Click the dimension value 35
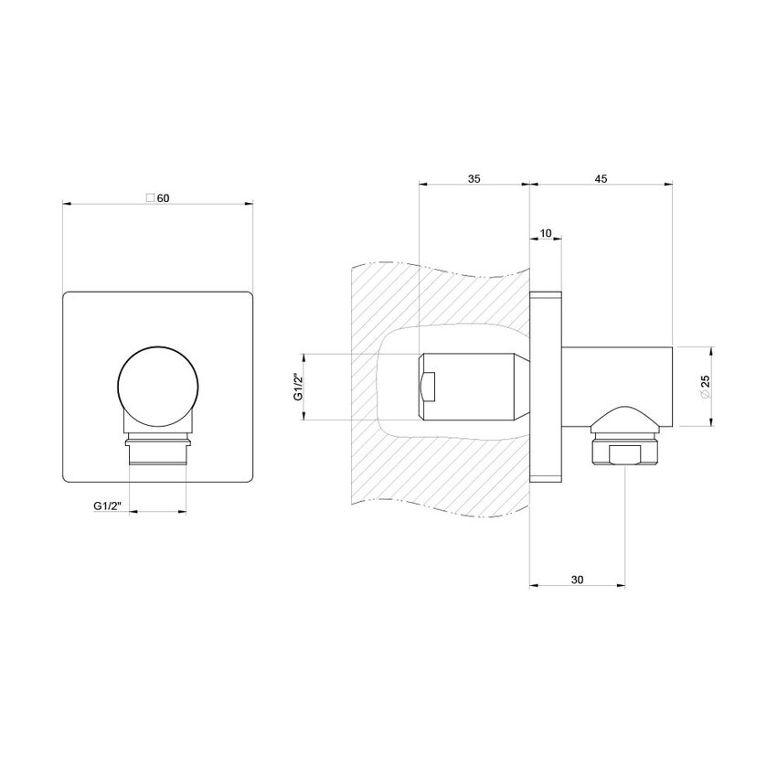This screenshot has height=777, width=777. click(474, 178)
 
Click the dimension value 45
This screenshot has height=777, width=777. click(601, 178)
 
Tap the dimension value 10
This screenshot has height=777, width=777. click(546, 233)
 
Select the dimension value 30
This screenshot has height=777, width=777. click(578, 580)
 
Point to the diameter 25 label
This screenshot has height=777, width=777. click(705, 386)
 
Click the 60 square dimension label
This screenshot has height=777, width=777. click(157, 198)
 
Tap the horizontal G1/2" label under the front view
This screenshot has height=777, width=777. click(108, 506)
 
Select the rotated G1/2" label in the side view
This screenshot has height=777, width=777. click(298, 387)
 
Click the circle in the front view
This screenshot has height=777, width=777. click(158, 387)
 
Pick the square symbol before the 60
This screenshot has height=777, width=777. click(150, 197)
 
